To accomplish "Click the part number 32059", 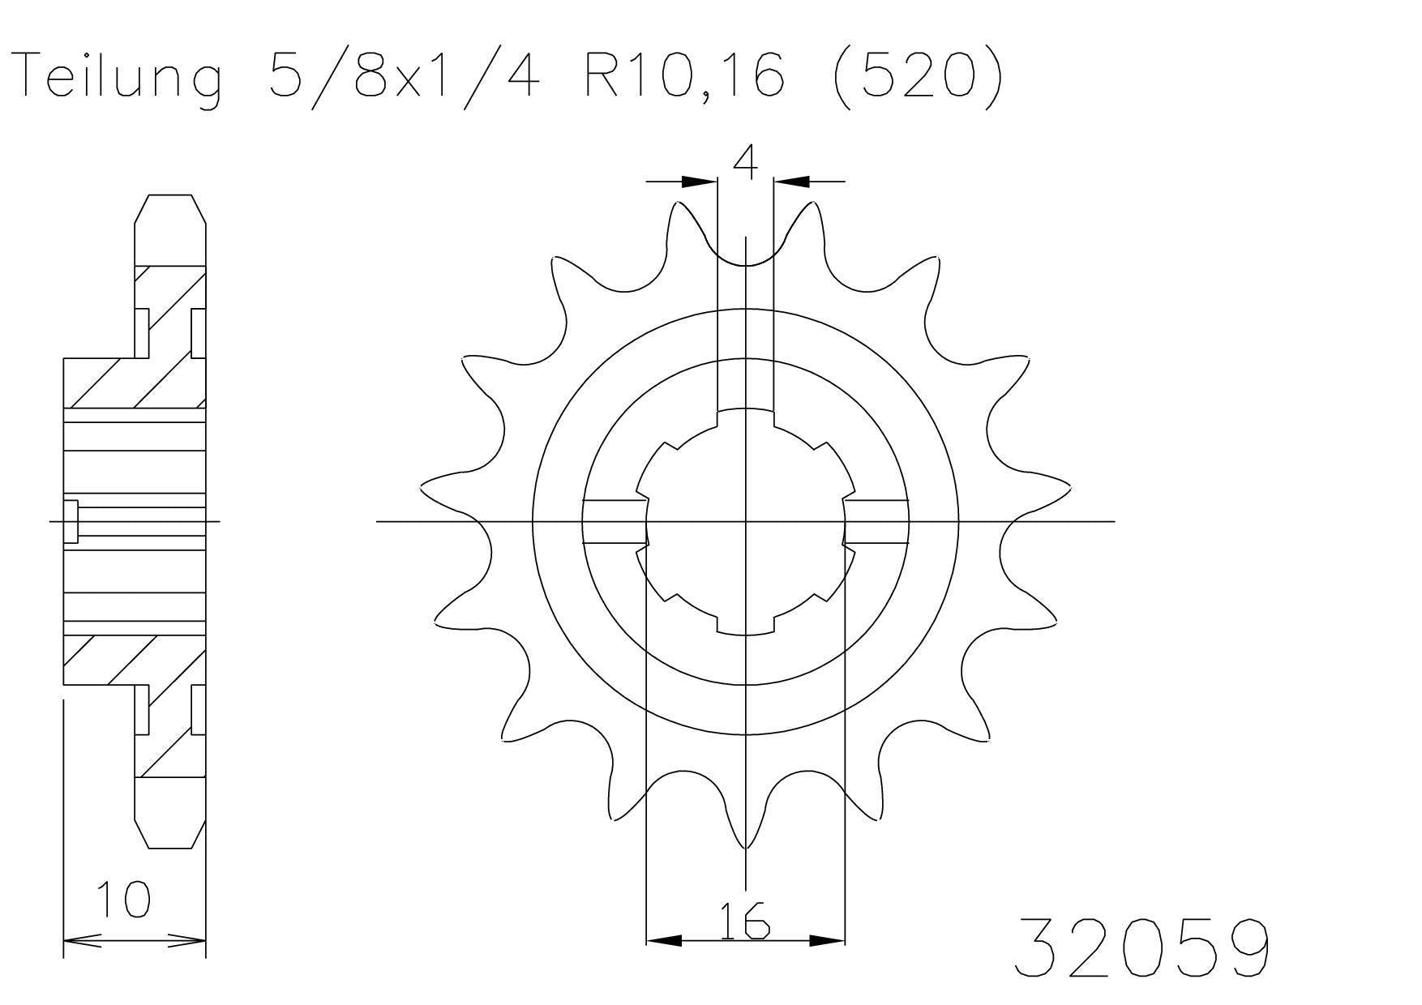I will coord(1141,947).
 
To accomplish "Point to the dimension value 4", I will coord(745,162).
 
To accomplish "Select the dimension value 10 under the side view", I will coord(123,900).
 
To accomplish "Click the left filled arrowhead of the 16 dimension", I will coord(663,941).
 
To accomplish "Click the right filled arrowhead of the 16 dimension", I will coord(827,941).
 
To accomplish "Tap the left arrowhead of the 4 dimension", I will coord(700,182).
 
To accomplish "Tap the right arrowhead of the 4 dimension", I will coord(791,182).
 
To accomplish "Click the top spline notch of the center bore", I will coord(745,417).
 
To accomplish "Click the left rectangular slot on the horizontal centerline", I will coord(615,521).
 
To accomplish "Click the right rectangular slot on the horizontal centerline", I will coord(876,521).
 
